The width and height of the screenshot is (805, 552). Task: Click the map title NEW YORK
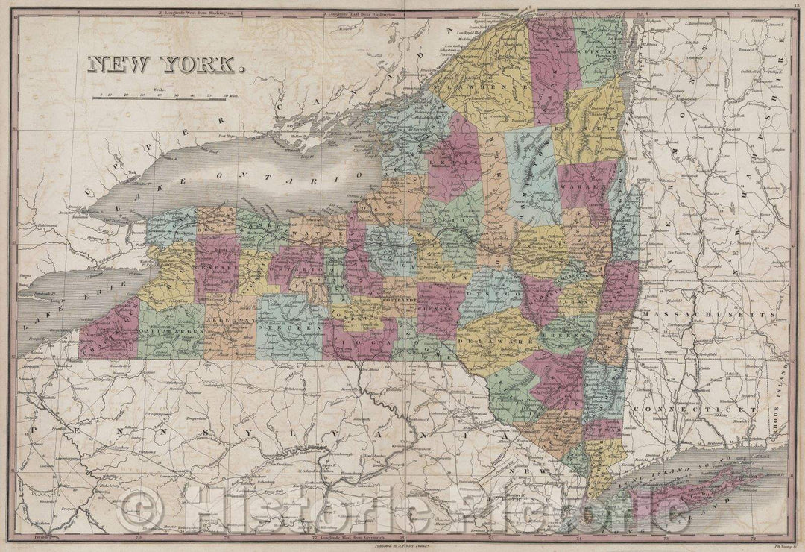[166, 65]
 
